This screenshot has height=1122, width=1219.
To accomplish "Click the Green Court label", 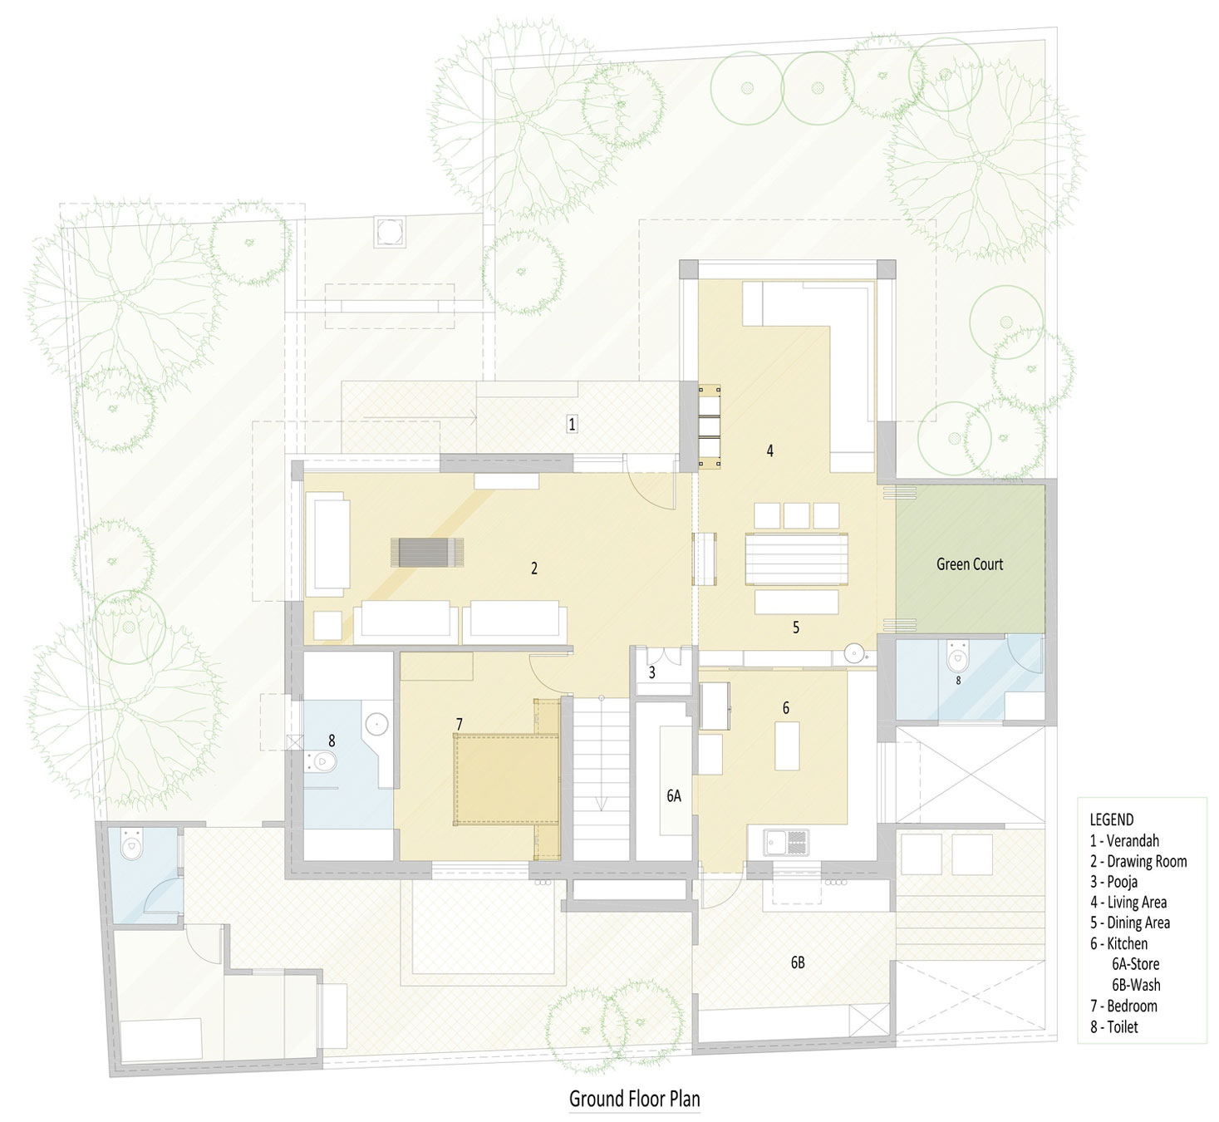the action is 969,564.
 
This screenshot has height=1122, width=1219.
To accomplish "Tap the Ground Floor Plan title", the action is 634,1098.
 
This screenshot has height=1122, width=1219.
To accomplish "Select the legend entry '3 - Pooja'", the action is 1113,881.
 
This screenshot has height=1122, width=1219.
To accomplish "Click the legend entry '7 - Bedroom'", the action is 1123,1006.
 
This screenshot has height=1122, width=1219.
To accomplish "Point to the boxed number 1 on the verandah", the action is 571,424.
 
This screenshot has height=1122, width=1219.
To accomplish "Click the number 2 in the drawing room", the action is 534,568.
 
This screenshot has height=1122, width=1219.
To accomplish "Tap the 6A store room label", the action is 673,795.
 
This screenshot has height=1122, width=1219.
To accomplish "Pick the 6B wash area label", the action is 797,962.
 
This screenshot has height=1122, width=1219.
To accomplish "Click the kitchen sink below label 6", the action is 786,843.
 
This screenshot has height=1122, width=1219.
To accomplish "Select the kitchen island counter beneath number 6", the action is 787,746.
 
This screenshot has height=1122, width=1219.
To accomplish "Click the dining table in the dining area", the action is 796,559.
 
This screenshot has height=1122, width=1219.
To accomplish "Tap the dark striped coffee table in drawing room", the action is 429,553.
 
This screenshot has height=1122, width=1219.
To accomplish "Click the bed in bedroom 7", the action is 505,780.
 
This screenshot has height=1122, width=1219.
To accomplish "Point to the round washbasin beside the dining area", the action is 853,655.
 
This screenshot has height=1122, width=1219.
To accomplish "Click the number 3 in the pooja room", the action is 652,673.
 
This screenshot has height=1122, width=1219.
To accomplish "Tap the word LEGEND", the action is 1112,819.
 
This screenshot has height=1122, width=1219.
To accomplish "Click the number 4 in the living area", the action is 770,450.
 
